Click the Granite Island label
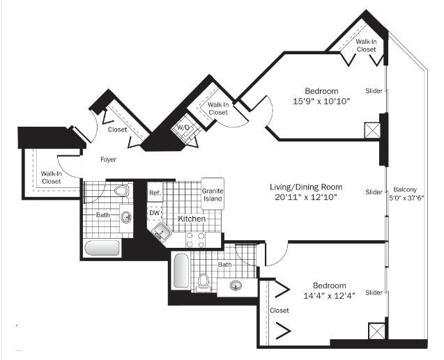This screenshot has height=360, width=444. [213, 195]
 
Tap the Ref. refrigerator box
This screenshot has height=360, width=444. [155, 193]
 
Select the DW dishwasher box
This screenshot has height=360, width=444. [155, 213]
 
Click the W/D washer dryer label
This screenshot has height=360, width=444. [183, 127]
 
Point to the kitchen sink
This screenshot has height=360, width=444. [161, 232]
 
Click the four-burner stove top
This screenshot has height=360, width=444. [195, 240]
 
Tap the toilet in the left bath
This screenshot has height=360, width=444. [123, 190]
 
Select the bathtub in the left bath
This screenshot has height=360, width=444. [102, 248]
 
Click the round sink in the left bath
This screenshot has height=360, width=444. [126, 218]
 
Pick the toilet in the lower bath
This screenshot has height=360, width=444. [203, 281]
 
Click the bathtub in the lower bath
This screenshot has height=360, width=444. [181, 270]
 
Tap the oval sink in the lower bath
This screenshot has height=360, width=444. [236, 285]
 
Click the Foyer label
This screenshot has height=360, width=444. [109, 159]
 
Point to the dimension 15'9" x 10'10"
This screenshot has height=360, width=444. [321, 101]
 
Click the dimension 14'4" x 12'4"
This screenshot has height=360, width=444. [329, 296]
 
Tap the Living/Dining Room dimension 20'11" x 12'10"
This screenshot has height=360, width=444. [306, 197]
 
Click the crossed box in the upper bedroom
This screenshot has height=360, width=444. [372, 130]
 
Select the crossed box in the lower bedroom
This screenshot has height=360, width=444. [376, 331]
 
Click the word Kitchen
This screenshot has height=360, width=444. [192, 219]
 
